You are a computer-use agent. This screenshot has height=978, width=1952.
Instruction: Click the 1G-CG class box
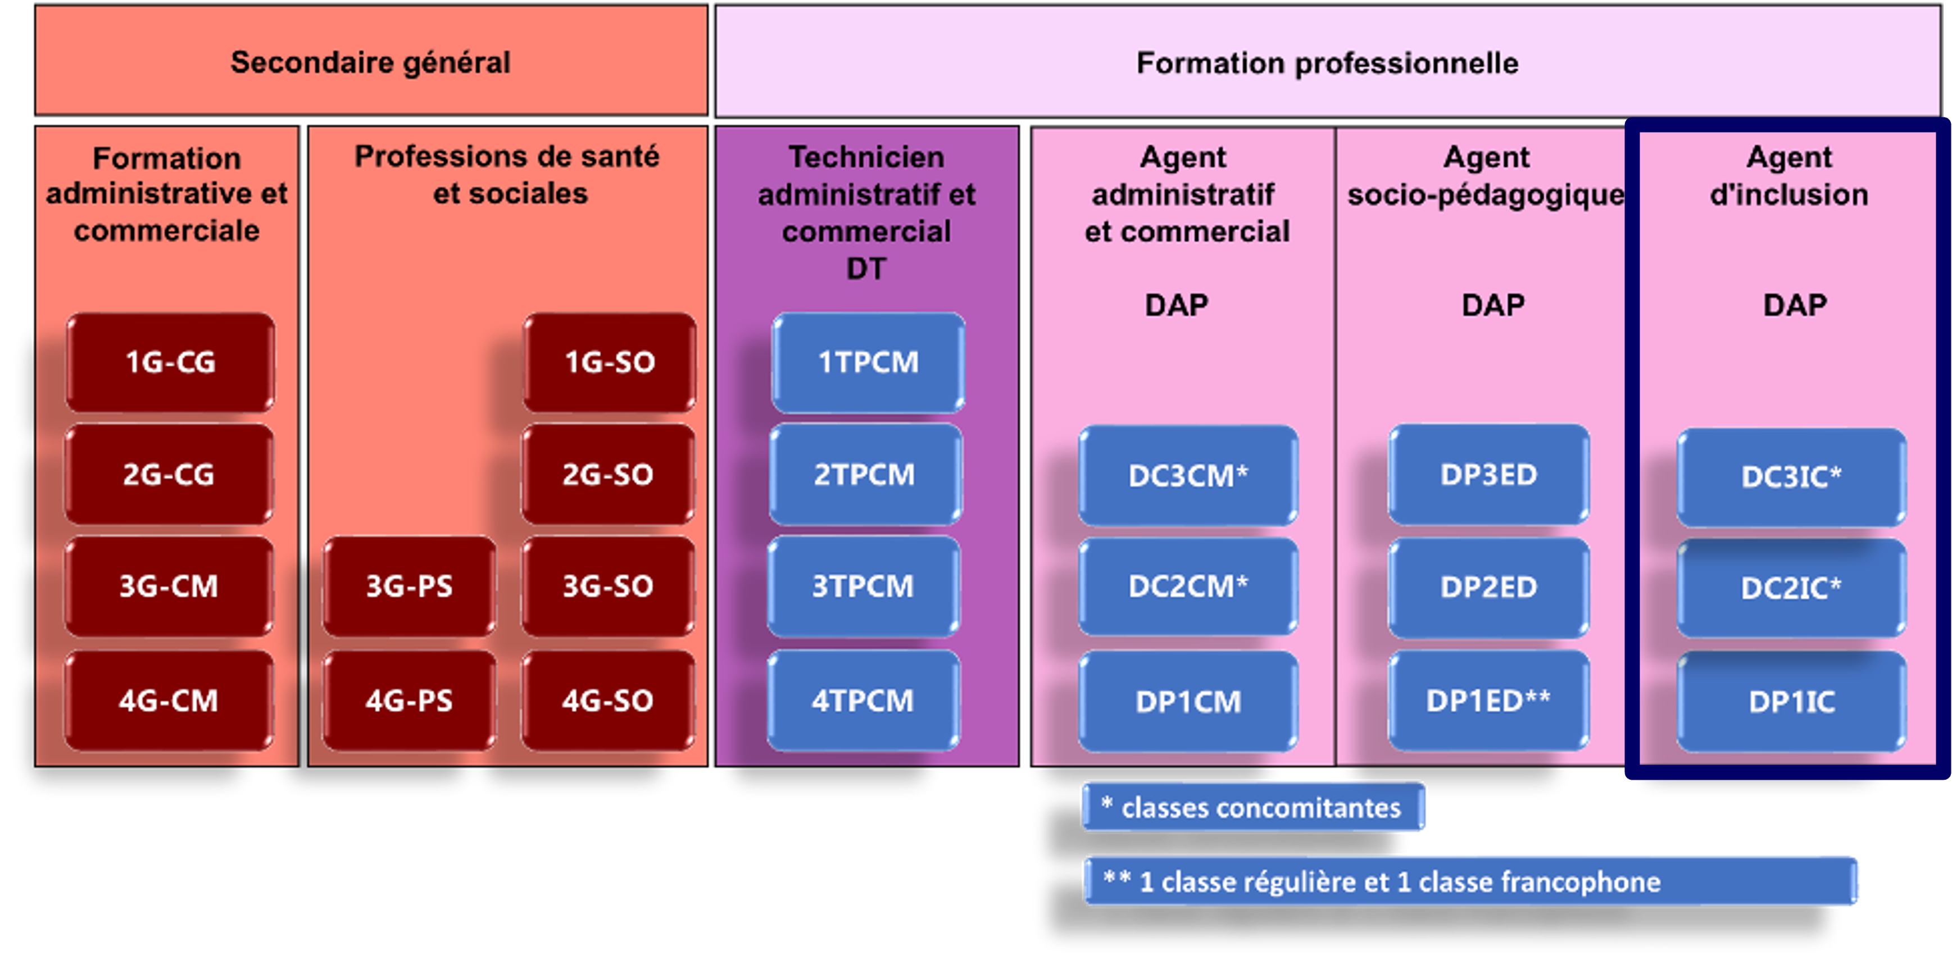pyautogui.click(x=170, y=362)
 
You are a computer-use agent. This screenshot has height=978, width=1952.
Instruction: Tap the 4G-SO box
pyautogui.click(x=608, y=700)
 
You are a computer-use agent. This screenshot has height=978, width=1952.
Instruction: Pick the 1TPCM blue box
pyautogui.click(x=868, y=362)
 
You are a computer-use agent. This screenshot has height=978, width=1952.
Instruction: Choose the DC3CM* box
pyautogui.click(x=1187, y=476)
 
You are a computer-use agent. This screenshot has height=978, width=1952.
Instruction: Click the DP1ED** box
pyautogui.click(x=1488, y=700)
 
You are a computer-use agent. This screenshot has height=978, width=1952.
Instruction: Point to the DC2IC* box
pyautogui.click(x=1791, y=588)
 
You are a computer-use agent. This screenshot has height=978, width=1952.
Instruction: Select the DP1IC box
pyautogui.click(x=1791, y=702)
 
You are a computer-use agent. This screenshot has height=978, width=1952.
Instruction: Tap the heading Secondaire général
pyautogui.click(x=370, y=62)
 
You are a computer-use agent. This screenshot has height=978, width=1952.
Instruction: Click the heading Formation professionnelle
pyautogui.click(x=1327, y=63)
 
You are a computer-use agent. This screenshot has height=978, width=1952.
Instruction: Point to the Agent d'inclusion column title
pyautogui.click(x=1789, y=176)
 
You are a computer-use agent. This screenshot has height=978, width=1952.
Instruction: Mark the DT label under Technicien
pyautogui.click(x=866, y=268)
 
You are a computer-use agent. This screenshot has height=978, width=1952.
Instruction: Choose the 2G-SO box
pyautogui.click(x=608, y=474)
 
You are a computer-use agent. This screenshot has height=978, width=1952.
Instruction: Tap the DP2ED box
pyautogui.click(x=1488, y=587)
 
